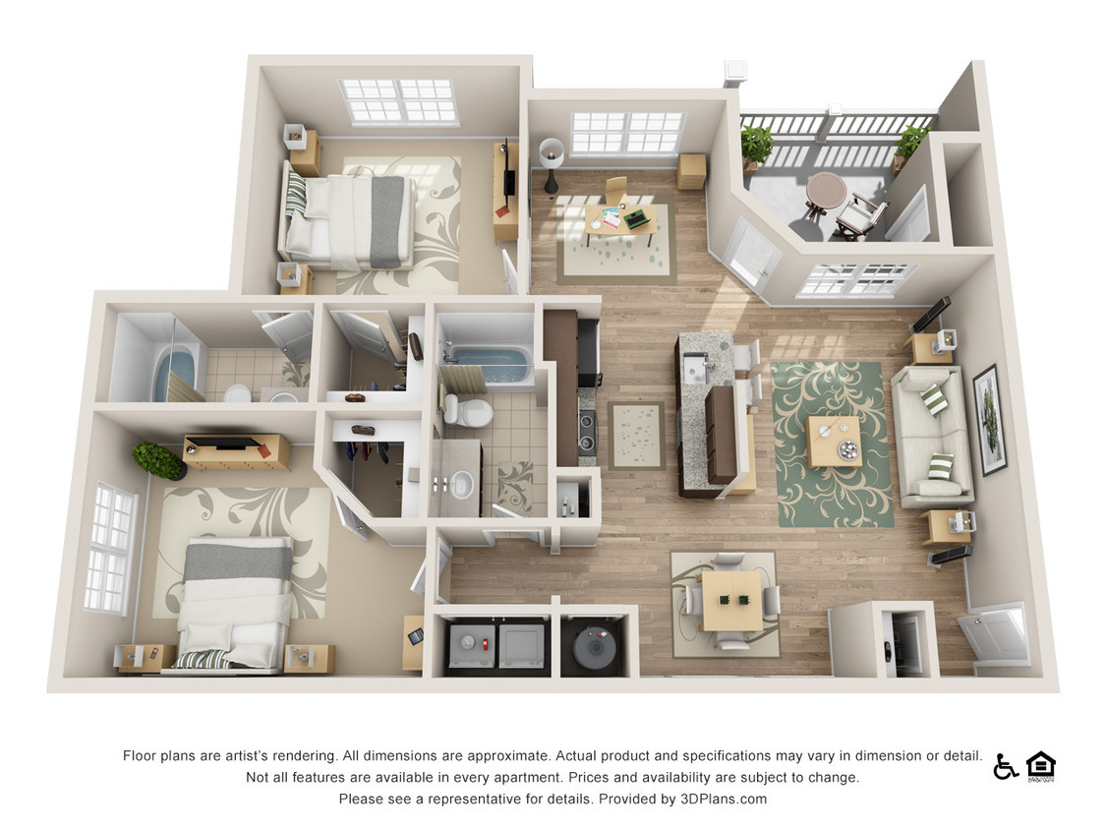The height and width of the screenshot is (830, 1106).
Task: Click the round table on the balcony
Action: (x=825, y=190)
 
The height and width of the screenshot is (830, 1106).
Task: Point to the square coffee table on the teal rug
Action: (x=834, y=441)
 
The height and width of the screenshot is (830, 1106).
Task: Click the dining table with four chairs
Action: (x=731, y=601)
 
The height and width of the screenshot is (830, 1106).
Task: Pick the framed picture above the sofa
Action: (x=988, y=419)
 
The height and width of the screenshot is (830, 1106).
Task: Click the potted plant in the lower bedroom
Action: (x=158, y=459)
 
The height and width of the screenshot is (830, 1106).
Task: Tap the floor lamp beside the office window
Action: (x=551, y=161)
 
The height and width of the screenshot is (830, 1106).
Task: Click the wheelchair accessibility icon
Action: (x=1005, y=766)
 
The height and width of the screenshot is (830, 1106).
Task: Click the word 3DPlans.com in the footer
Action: (x=724, y=799)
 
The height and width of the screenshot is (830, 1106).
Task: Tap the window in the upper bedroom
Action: (x=399, y=101)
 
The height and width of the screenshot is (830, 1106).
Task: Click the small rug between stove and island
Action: (x=635, y=435)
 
